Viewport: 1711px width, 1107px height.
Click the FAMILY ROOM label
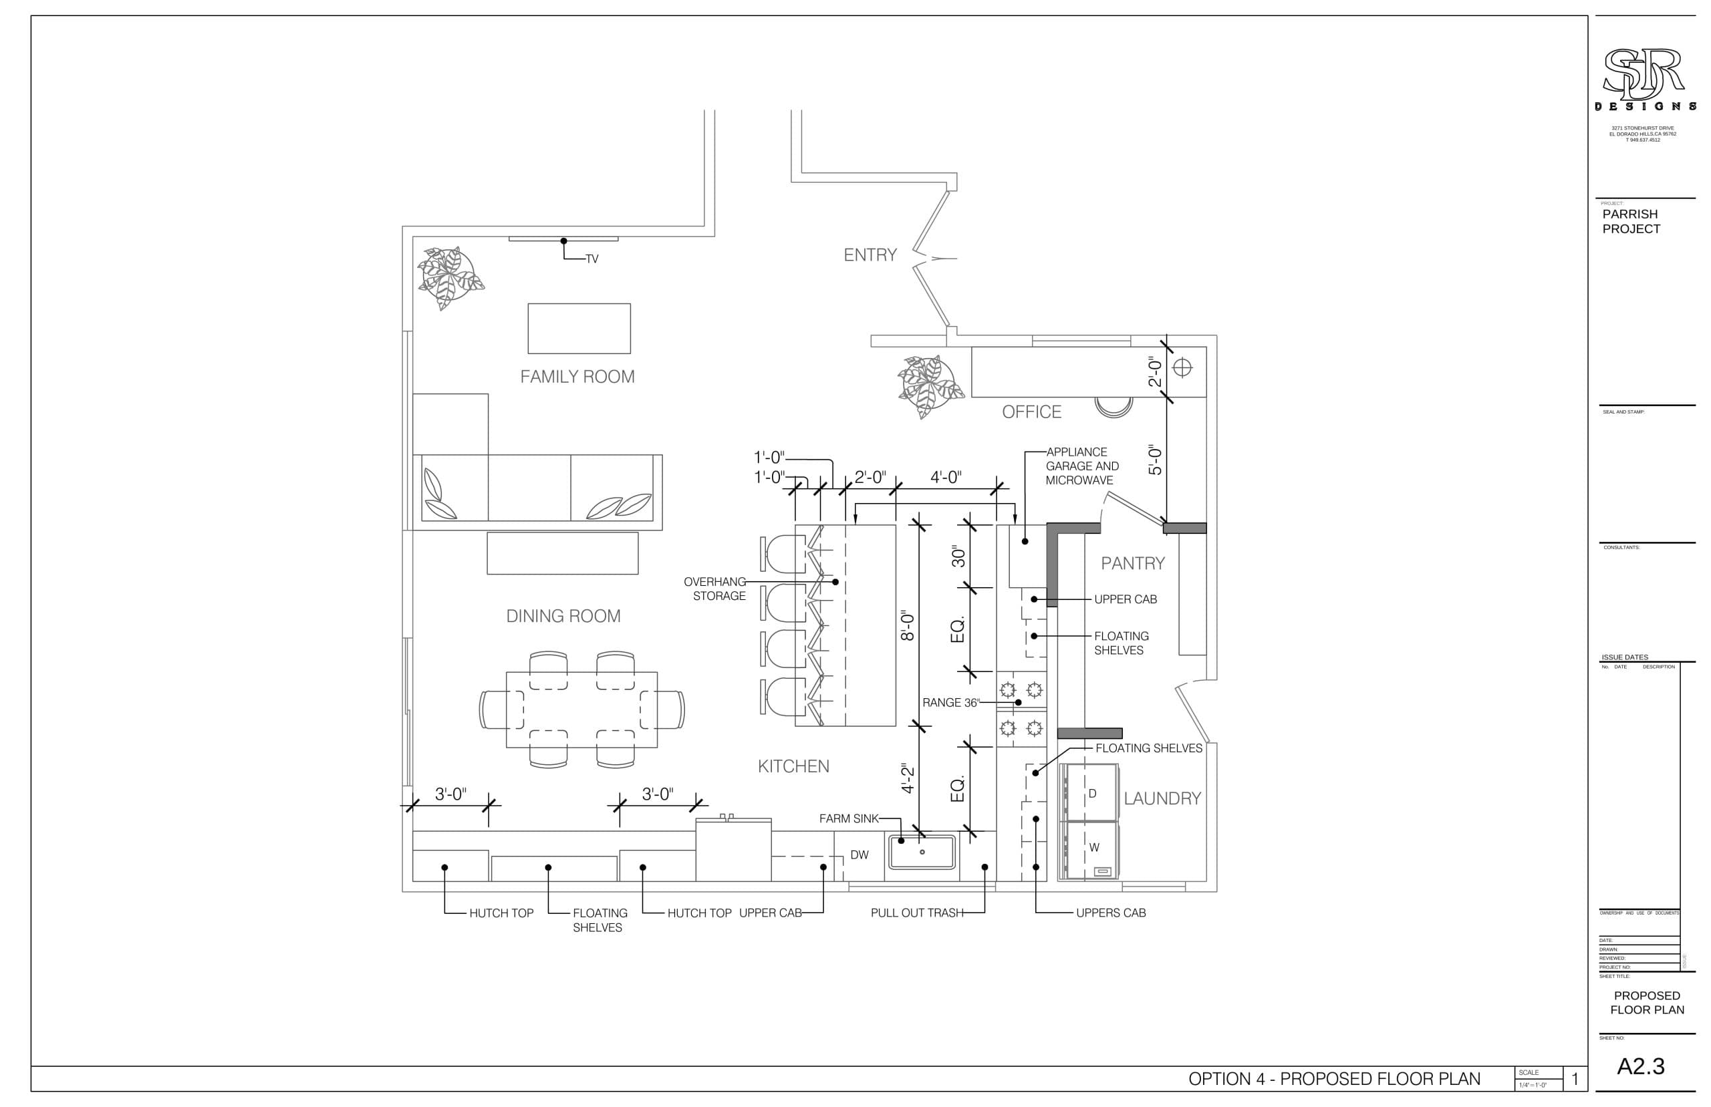[x=577, y=377]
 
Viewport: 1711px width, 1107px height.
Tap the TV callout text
[x=591, y=259]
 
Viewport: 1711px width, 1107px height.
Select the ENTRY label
[x=870, y=255]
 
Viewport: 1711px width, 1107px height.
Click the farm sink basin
[x=922, y=852]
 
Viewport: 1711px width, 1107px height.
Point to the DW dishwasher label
[x=859, y=854]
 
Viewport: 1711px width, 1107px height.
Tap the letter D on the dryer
[x=1092, y=794]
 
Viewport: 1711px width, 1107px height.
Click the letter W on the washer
[x=1093, y=848]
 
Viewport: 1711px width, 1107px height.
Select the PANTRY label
[x=1132, y=564]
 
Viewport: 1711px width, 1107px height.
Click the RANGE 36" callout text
[x=950, y=702]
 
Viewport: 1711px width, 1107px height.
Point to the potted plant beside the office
[x=930, y=386]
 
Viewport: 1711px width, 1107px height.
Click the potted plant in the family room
[x=450, y=277]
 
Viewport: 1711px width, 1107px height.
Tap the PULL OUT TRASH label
[x=916, y=913]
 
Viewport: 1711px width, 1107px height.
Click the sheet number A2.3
[x=1641, y=1066]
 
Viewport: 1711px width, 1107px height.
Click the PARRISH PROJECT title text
[x=1631, y=221]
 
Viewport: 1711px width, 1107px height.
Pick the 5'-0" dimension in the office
[x=1154, y=460]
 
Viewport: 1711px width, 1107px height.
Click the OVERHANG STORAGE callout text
[x=714, y=589]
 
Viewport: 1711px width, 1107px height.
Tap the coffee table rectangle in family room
[x=579, y=329]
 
